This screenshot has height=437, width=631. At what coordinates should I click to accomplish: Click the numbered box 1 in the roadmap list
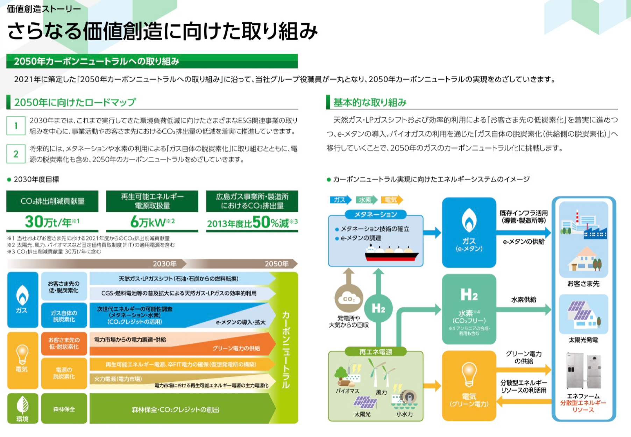click(x=16, y=126)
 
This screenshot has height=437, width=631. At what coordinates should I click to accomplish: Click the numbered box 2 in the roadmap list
click(x=16, y=154)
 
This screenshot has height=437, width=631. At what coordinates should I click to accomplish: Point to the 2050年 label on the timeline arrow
click(x=276, y=264)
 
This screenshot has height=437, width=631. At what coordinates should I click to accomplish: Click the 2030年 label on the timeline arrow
click(x=164, y=264)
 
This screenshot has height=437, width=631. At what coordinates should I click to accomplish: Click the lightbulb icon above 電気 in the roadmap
click(x=22, y=354)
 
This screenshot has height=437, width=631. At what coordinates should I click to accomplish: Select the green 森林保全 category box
click(x=64, y=409)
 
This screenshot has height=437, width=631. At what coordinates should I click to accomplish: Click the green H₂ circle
click(x=378, y=308)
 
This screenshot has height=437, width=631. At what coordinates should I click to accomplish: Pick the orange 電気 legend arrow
click(x=391, y=200)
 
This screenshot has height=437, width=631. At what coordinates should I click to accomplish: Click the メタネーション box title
click(x=376, y=214)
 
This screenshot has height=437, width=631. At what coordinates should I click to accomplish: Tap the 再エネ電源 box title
click(x=376, y=352)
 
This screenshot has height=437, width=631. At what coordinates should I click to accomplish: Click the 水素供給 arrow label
click(x=524, y=300)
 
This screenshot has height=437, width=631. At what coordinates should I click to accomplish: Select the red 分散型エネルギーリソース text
click(x=583, y=406)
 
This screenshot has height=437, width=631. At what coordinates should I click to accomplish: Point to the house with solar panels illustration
click(x=583, y=315)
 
